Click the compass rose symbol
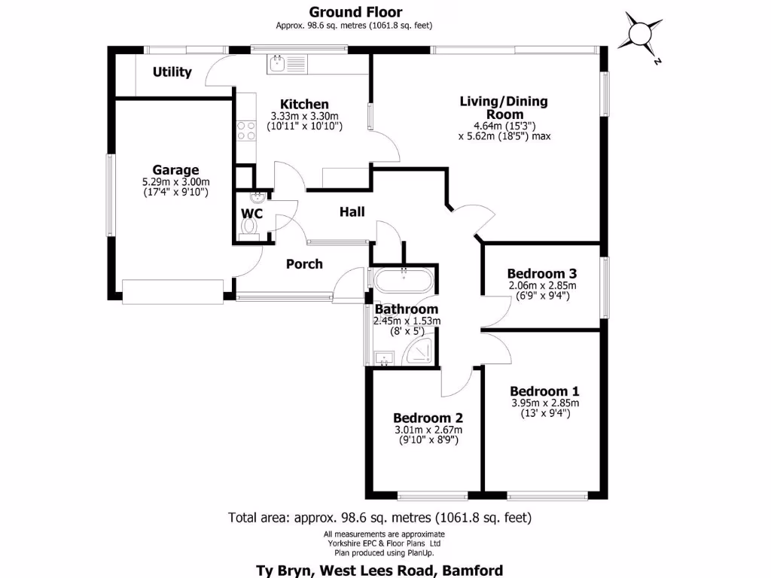(x=640, y=35)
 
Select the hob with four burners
(x=246, y=130)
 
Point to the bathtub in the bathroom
(x=404, y=281)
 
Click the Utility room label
(x=172, y=72)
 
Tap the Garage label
(x=175, y=170)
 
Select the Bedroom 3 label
(x=542, y=273)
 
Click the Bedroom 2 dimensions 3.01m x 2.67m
(x=428, y=430)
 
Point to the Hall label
(x=352, y=211)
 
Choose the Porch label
(x=304, y=264)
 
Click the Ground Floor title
(x=355, y=12)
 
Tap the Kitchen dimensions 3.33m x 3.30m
(x=304, y=116)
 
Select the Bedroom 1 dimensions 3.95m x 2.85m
(x=545, y=403)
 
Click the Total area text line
(x=379, y=518)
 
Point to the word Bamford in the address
(x=473, y=570)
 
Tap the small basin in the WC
(x=258, y=197)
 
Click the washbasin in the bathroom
(x=384, y=358)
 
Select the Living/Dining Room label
(x=504, y=108)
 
